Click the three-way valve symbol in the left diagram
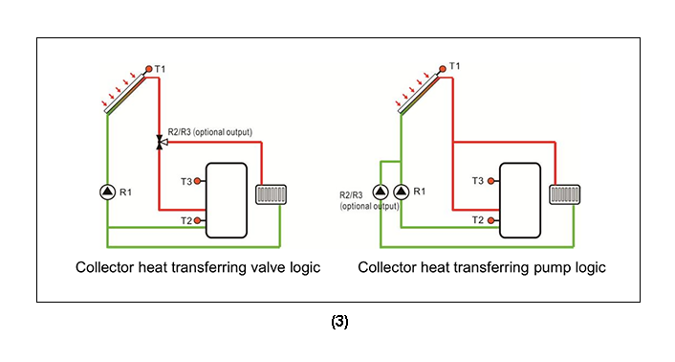[x=160, y=142]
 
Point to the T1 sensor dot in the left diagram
[x=149, y=69]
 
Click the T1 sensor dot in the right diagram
[x=443, y=69]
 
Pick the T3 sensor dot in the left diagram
[x=198, y=180]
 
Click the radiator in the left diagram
[x=272, y=194]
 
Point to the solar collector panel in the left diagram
[x=123, y=94]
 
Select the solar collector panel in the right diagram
[x=417, y=94]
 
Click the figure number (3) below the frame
[x=339, y=323]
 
